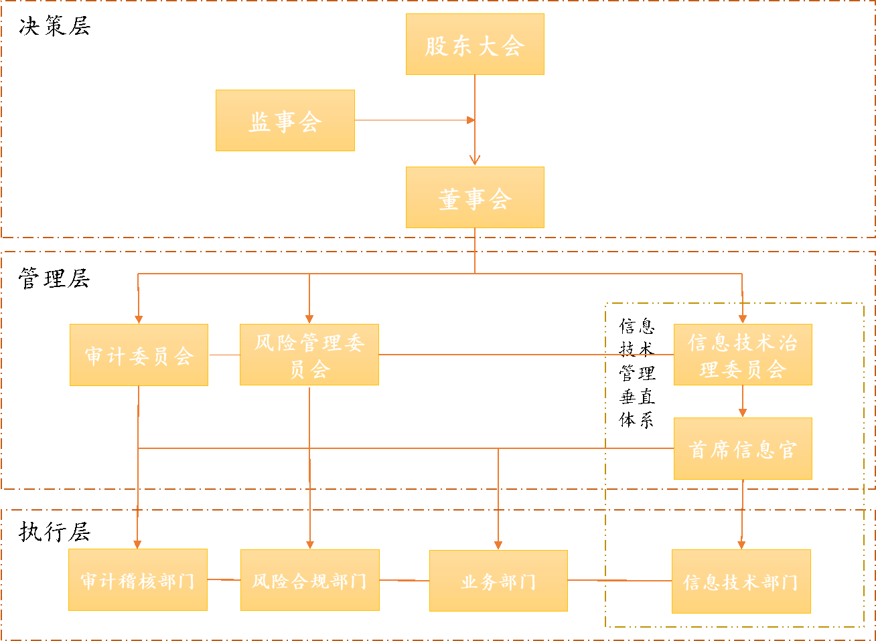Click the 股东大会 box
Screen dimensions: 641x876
(475, 44)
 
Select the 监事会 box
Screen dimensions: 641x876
(285, 120)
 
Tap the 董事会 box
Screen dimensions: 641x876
(475, 197)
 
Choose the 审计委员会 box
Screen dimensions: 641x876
(139, 355)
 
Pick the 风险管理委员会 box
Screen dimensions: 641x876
(309, 355)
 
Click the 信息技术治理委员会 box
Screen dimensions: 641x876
(742, 355)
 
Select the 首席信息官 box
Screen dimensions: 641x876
(742, 448)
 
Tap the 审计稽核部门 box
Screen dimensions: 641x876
(137, 579)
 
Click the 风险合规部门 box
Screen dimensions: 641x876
(309, 580)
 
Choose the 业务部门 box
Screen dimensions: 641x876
(498, 581)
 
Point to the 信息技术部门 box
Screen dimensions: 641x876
(741, 581)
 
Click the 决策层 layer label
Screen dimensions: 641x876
(54, 27)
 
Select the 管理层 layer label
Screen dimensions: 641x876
(54, 278)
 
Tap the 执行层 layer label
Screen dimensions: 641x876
(54, 532)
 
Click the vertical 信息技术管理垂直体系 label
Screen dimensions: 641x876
(637, 373)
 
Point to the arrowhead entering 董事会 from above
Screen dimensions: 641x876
(475, 160)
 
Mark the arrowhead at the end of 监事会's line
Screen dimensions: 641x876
(471, 120)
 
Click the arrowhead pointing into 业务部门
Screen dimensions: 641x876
(498, 545)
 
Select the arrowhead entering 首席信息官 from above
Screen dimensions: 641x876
(742, 413)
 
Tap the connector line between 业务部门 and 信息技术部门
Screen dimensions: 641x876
(619, 580)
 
